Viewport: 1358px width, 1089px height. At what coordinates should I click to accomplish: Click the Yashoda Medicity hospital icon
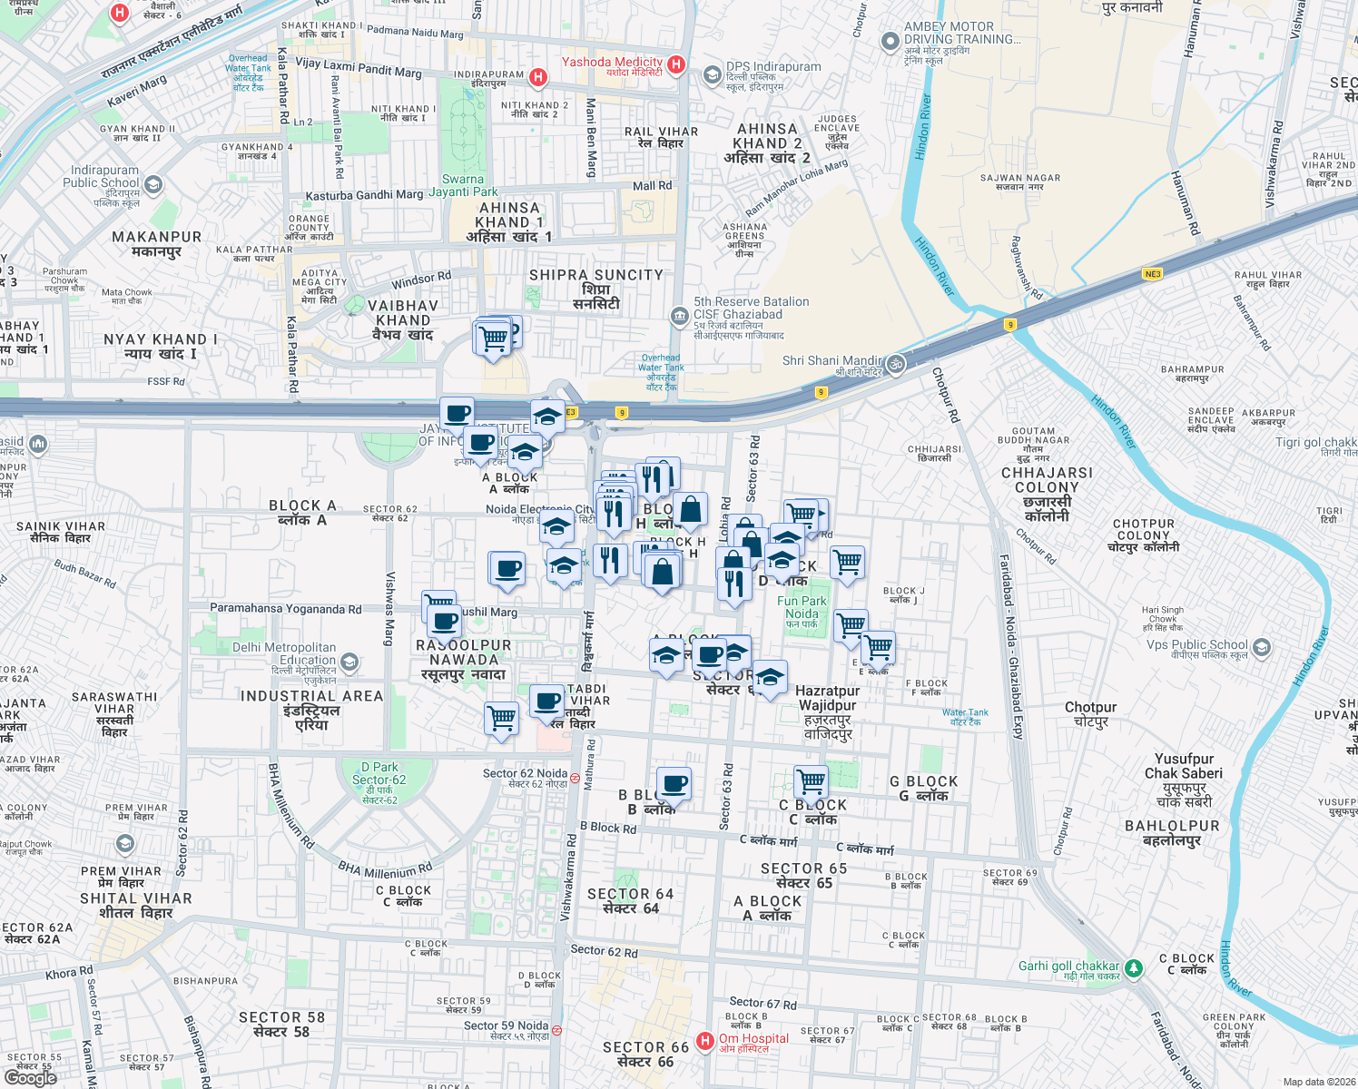pos(675,64)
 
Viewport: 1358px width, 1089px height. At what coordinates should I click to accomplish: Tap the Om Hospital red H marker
pos(705,1041)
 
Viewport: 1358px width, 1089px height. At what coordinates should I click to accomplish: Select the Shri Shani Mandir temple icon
pos(895,364)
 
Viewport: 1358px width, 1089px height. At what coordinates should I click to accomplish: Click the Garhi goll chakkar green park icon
pos(1134,968)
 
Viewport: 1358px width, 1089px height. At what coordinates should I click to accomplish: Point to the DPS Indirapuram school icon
pos(713,74)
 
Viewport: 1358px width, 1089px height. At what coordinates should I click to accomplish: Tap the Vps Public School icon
pos(1261,648)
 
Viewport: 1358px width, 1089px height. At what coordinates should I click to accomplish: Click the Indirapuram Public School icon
pos(153,185)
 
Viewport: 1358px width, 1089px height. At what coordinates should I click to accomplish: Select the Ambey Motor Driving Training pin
pos(891,42)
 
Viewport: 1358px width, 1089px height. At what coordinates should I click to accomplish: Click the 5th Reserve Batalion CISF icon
pos(679,316)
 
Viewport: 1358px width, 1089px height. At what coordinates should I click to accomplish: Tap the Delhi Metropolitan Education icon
pos(349,662)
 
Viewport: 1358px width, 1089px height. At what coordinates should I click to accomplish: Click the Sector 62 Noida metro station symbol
pos(575,778)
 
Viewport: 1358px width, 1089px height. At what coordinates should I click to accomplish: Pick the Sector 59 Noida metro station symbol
pos(556,1030)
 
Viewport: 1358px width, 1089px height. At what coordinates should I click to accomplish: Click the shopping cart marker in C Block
pos(811,781)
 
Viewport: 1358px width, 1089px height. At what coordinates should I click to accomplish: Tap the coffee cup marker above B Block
pos(674,784)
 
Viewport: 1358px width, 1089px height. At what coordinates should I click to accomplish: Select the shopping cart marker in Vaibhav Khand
pos(493,339)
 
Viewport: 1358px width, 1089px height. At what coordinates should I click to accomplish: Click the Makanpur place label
pos(157,243)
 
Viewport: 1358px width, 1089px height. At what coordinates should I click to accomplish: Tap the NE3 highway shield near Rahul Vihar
pos(1153,274)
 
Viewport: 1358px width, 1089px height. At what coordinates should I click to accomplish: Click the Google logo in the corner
pos(30,1077)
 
